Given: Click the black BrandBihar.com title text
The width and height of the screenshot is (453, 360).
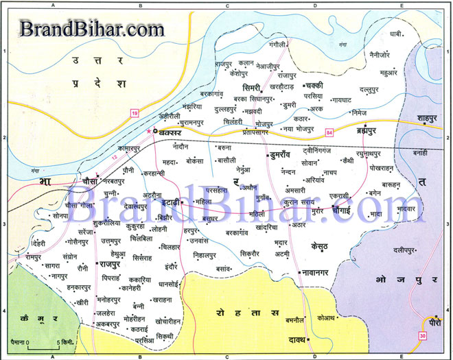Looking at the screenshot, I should pyautogui.click(x=91, y=29).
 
